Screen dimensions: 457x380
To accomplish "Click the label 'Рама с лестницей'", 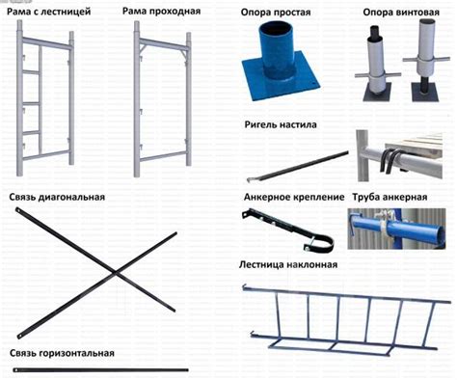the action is (x=49, y=12).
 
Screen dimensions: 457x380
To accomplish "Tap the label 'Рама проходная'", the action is (x=161, y=12).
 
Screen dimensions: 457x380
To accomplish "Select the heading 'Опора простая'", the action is (x=276, y=13).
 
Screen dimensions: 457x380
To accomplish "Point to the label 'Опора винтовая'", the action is (x=401, y=13).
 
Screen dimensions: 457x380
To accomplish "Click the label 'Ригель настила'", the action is (x=281, y=124).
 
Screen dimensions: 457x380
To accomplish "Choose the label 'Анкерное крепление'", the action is (x=294, y=197).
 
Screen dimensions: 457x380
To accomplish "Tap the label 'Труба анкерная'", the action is (x=390, y=197).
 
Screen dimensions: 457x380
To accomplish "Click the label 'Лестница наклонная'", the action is (x=288, y=264).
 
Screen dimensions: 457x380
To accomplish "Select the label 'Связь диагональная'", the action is (x=57, y=197).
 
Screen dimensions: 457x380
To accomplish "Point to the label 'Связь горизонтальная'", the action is (x=62, y=353).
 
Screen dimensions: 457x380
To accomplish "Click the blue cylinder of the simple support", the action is (x=277, y=50).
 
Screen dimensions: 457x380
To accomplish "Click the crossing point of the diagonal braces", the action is (x=115, y=273).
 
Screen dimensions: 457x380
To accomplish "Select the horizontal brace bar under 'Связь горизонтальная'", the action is (x=100, y=370).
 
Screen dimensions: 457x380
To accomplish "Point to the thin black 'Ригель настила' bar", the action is (x=298, y=167).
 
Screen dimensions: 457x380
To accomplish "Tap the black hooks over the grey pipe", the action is (x=390, y=160).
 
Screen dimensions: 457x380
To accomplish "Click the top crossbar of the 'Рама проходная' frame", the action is (x=163, y=44).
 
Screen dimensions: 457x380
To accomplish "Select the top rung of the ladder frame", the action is (x=31, y=72).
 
